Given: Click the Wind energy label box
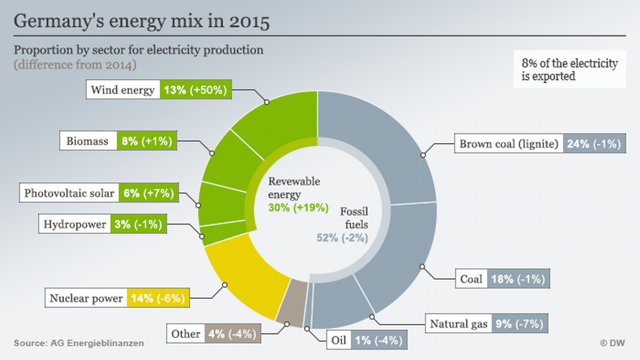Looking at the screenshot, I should (x=123, y=90).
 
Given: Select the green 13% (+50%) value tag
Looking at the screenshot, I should (x=195, y=90).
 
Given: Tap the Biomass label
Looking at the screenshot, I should (x=88, y=141).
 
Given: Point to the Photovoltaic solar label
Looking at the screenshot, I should (x=69, y=193).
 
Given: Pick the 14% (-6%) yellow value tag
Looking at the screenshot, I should (x=157, y=298).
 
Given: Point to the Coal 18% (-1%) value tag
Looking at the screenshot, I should (x=518, y=279).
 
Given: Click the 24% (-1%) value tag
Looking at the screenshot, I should (x=594, y=144).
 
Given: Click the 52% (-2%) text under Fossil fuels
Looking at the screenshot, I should (x=342, y=237).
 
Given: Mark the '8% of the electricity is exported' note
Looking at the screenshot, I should (x=569, y=70).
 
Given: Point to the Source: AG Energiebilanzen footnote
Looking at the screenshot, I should (x=80, y=343).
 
